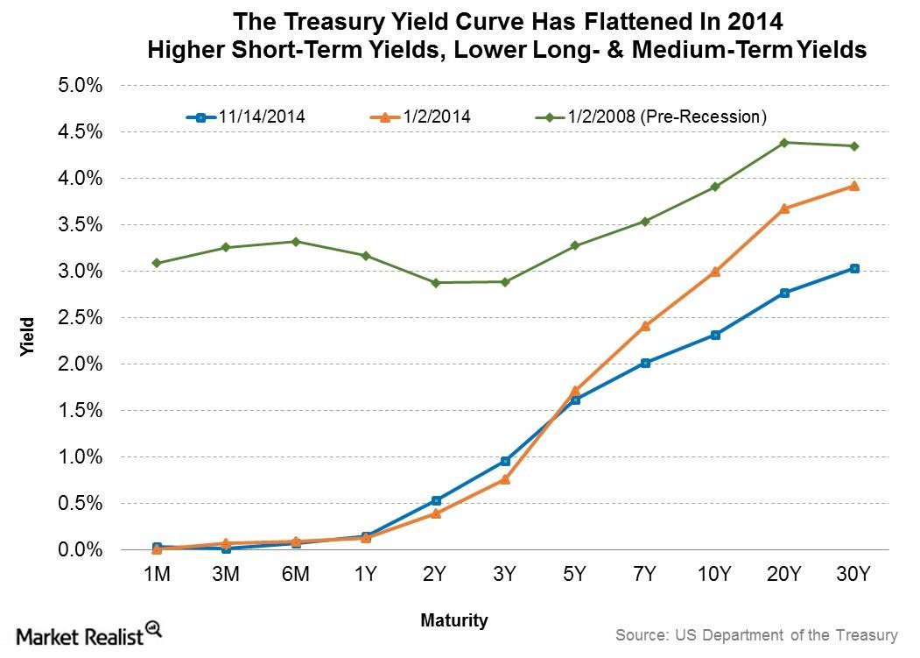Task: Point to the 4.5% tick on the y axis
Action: (x=81, y=132)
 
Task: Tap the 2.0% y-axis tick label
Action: (x=81, y=364)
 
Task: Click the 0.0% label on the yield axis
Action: (x=81, y=550)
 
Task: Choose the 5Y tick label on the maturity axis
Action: (x=575, y=576)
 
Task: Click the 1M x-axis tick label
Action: (x=157, y=576)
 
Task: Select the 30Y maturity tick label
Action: (x=853, y=576)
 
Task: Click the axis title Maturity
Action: (x=453, y=621)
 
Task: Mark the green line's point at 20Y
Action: (x=784, y=142)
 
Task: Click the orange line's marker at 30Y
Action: (x=853, y=186)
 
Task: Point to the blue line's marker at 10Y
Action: (x=715, y=335)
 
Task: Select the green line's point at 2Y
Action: (x=435, y=283)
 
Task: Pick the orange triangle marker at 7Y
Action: (x=645, y=326)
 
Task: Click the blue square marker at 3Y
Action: (x=505, y=461)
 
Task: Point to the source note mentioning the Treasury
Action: (x=756, y=634)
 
